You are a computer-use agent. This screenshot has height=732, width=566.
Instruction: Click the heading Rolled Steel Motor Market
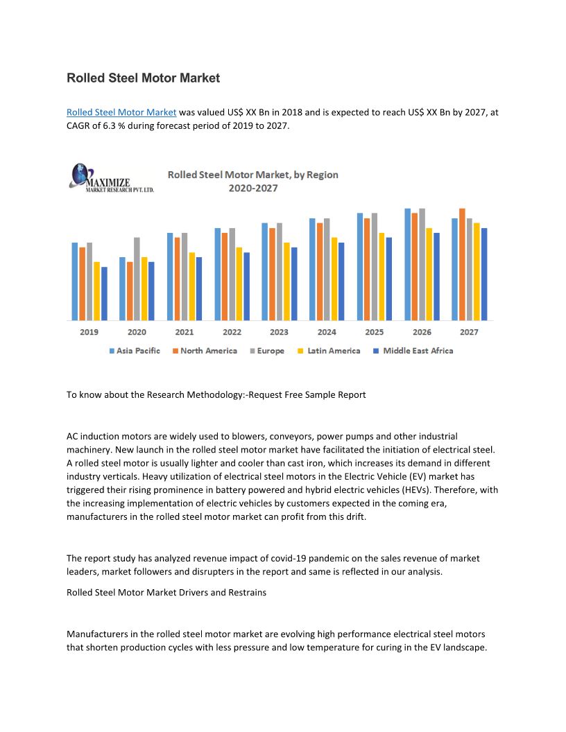[143, 78]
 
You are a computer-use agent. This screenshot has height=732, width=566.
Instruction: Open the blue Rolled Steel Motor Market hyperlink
[121, 112]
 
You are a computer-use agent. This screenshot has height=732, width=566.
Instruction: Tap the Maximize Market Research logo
[111, 178]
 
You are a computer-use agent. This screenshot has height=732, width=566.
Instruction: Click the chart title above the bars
[253, 181]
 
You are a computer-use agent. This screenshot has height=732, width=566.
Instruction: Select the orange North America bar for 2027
[462, 264]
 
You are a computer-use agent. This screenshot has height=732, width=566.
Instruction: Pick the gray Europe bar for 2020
[137, 279]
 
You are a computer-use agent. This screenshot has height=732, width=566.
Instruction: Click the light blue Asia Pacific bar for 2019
[75, 281]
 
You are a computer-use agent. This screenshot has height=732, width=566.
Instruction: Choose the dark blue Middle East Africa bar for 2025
[389, 279]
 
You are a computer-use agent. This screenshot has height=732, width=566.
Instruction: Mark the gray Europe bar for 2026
[422, 264]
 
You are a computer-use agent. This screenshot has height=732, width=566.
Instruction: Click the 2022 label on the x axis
[232, 332]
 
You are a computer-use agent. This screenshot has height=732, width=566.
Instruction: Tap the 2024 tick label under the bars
[327, 332]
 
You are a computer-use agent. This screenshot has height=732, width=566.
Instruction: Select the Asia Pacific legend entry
[135, 351]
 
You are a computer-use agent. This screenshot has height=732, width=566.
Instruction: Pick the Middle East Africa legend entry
[413, 351]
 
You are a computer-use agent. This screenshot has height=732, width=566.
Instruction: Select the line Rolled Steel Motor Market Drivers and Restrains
[166, 593]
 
